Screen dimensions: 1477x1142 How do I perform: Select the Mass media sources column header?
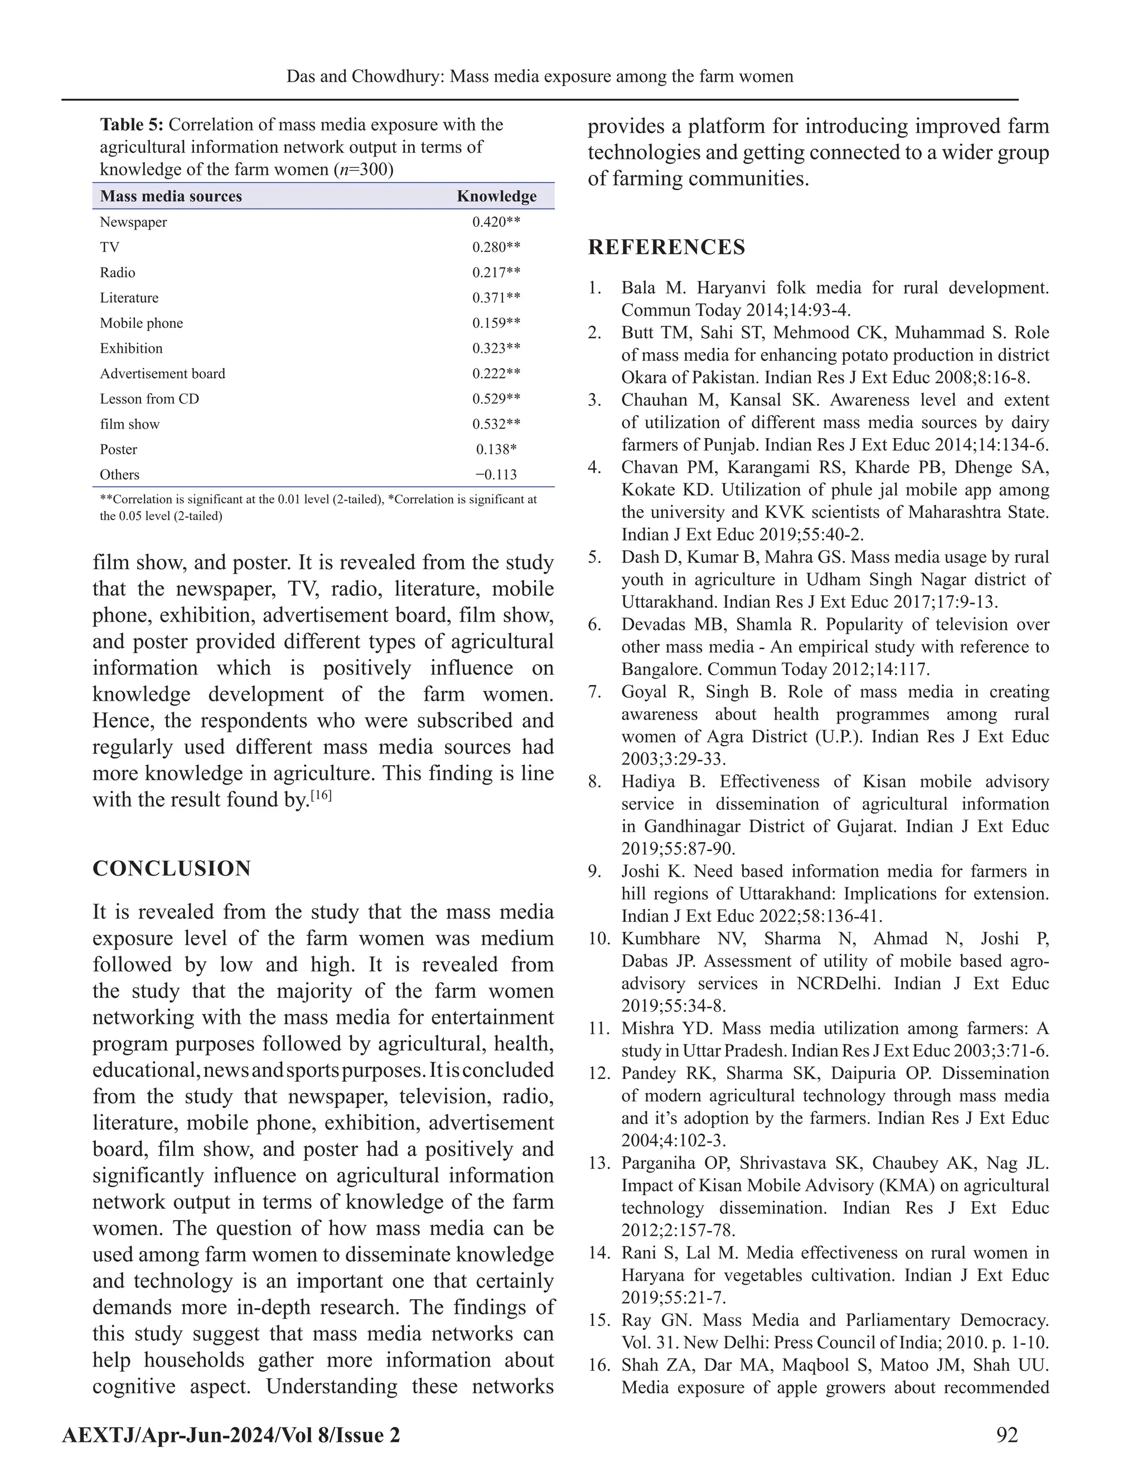[x=171, y=196]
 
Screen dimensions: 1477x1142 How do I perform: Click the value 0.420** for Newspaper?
[x=496, y=222]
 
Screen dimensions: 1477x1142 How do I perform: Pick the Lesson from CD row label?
[x=149, y=399]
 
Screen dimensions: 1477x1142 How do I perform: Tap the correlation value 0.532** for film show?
[x=496, y=424]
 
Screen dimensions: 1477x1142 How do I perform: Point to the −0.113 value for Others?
[x=496, y=475]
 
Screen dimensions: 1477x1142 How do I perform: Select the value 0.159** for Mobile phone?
[x=496, y=323]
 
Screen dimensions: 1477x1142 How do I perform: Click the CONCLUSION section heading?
[x=172, y=868]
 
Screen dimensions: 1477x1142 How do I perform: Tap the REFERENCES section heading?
[x=666, y=247]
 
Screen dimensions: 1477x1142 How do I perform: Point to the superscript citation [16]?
[x=320, y=795]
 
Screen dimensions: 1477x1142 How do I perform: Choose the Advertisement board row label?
[x=162, y=374]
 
